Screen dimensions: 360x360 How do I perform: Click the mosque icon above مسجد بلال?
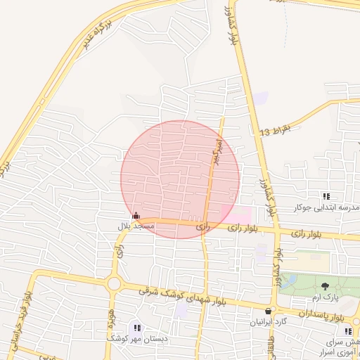click(136, 216)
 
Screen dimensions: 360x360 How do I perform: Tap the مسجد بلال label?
click(136, 227)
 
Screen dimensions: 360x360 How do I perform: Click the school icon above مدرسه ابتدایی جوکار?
click(326, 196)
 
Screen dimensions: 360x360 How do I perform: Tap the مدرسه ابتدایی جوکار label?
click(326, 208)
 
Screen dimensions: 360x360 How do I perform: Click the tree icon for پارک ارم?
click(325, 285)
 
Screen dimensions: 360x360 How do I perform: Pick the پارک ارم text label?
click(325, 297)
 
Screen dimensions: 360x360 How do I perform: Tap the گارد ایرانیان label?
click(267, 323)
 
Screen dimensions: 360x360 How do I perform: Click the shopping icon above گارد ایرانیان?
click(267, 311)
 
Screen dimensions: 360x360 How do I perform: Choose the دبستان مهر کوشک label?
click(137, 338)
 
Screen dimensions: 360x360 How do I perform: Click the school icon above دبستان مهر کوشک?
click(136, 327)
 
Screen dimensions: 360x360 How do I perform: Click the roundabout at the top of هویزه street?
click(114, 284)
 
